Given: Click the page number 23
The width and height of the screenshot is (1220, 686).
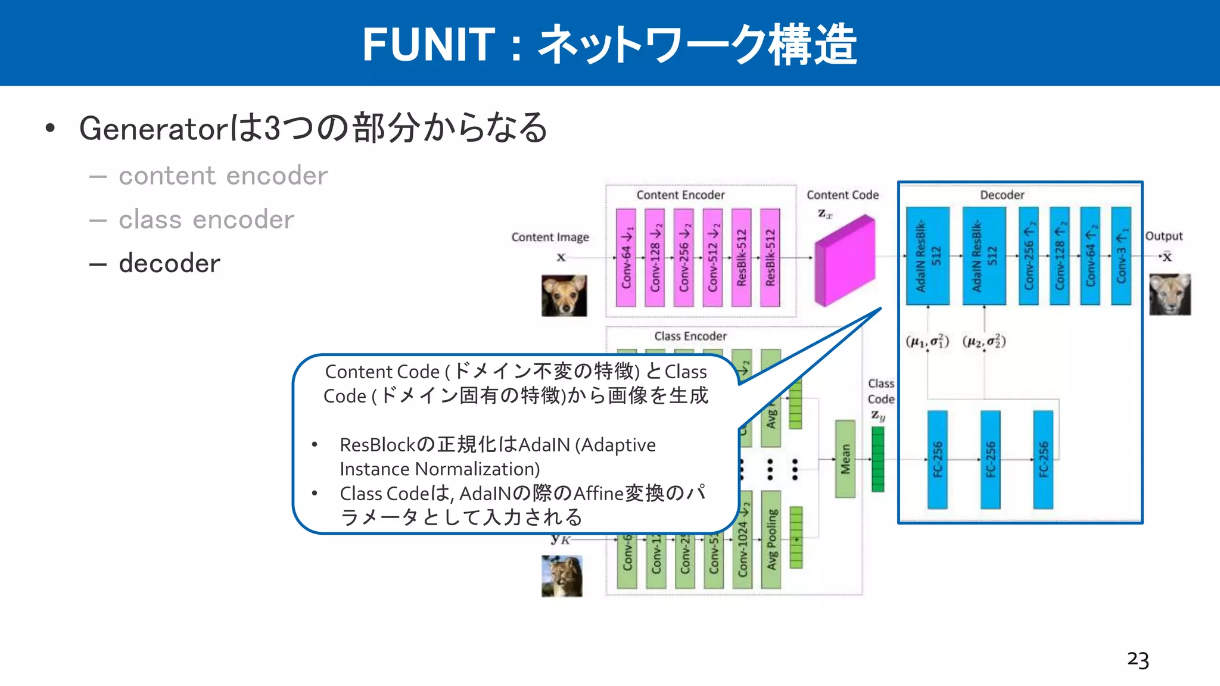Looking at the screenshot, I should coord(1137,660).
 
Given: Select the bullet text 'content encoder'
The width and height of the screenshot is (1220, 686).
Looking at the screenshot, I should coord(223,176).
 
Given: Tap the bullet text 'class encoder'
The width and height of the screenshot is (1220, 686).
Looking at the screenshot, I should coord(206,220).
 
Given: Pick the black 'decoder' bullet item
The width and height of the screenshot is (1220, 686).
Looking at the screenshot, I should coord(169,263).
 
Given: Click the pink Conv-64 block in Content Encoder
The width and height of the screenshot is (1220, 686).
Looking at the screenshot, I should coord(625,257).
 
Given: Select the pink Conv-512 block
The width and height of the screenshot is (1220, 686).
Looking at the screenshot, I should coord(712,257).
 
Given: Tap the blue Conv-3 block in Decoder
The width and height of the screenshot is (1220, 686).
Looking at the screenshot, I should coord(1121,256).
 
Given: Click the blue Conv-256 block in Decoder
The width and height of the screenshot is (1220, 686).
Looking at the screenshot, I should coord(1029,256).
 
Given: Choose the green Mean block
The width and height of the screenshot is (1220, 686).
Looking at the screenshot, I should coord(845,459).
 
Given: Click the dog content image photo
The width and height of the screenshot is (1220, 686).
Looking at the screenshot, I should coord(564,295).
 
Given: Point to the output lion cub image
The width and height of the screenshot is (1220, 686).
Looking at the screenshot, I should coord(1169,294).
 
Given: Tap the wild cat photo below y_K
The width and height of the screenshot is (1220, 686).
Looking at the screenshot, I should coord(562,576).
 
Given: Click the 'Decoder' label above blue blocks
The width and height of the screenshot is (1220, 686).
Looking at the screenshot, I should coord(1002,195).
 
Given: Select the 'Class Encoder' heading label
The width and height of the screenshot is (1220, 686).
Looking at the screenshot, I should coord(690,336).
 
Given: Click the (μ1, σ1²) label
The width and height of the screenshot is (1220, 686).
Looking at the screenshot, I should coord(927,341).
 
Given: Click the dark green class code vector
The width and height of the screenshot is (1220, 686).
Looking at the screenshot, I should coord(877,459).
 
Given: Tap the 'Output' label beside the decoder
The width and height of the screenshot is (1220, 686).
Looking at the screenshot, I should coord(1163,236).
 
